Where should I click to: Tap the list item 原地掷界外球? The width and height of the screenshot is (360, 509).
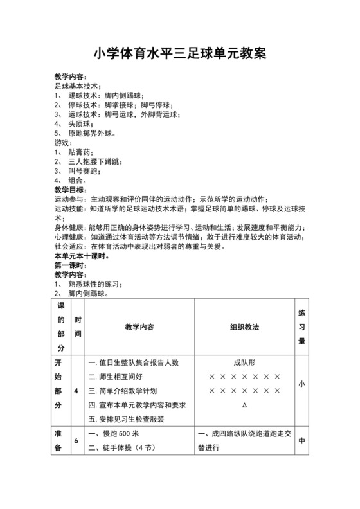(91, 134)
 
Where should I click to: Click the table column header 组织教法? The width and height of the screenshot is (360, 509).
(244, 327)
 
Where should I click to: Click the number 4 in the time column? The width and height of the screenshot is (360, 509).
(76, 391)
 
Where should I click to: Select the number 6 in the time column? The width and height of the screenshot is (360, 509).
(76, 442)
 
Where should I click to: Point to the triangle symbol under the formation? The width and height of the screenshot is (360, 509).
(244, 405)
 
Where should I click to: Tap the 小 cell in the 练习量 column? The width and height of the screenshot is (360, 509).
(301, 384)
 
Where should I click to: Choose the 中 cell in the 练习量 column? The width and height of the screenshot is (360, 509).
(301, 442)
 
